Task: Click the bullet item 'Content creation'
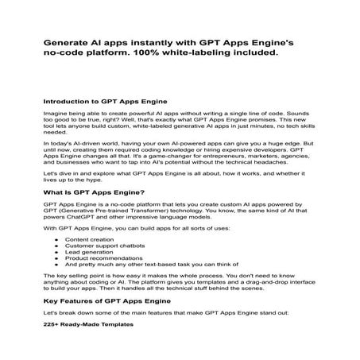point(88,238)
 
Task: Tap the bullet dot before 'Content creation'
point(56,238)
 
